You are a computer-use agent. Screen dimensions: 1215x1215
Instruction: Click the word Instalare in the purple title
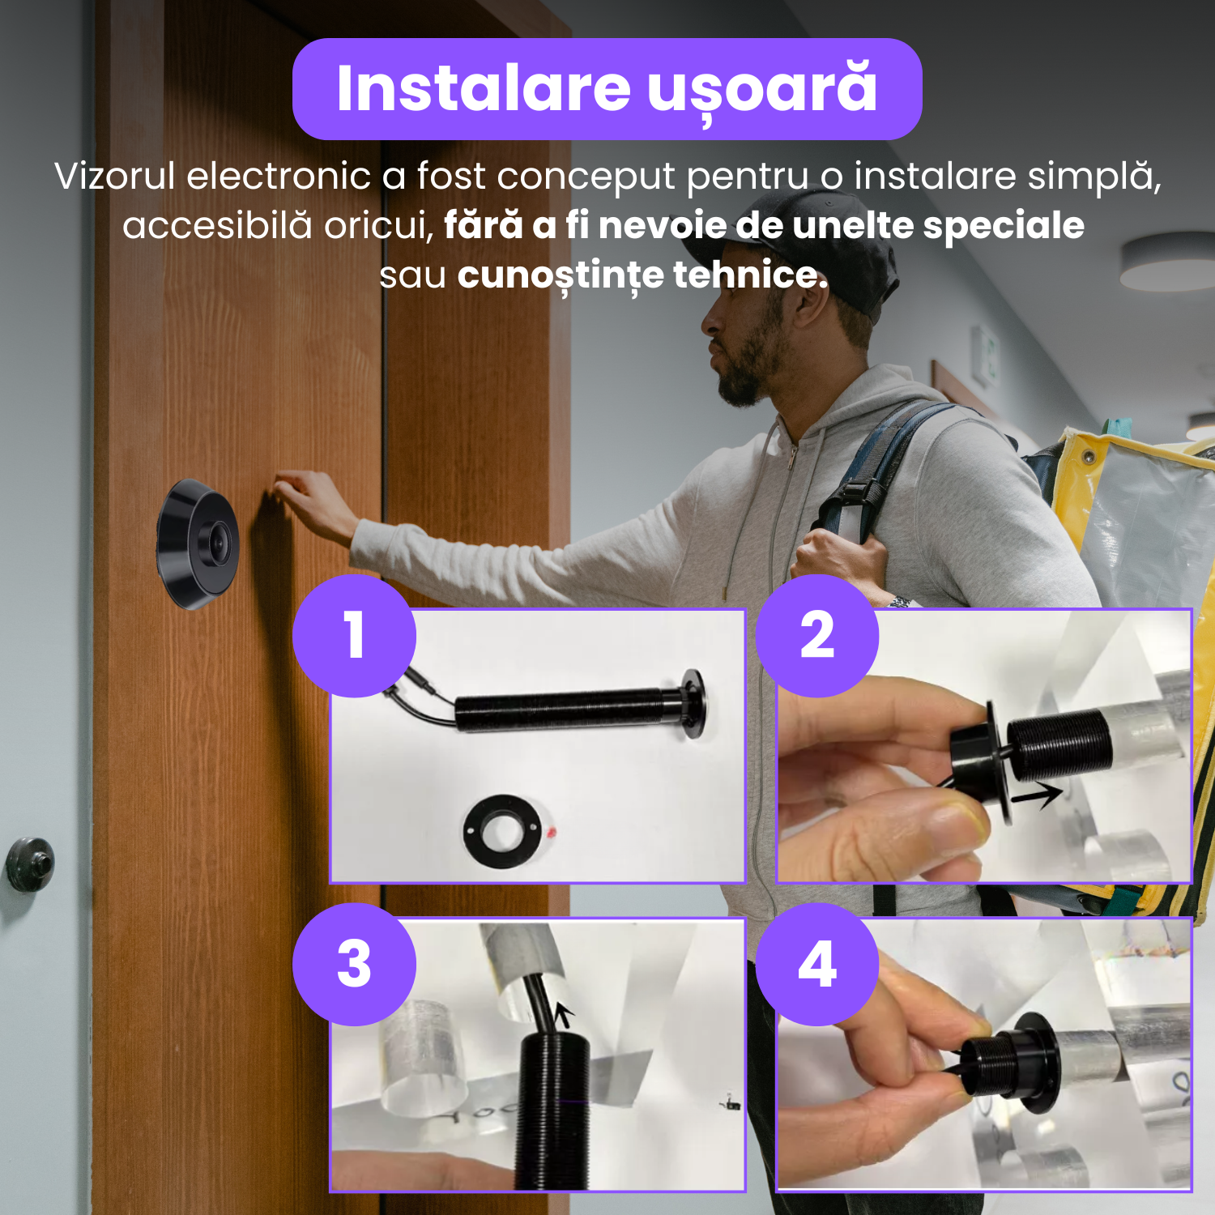(484, 88)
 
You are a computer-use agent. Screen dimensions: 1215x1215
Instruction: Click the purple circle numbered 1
(355, 636)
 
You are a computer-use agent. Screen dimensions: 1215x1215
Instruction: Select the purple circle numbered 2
(817, 636)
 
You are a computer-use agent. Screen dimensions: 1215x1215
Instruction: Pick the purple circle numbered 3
(355, 964)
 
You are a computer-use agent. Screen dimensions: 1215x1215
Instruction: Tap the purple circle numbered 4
(817, 964)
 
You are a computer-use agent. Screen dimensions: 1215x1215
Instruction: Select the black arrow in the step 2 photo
(1037, 795)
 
